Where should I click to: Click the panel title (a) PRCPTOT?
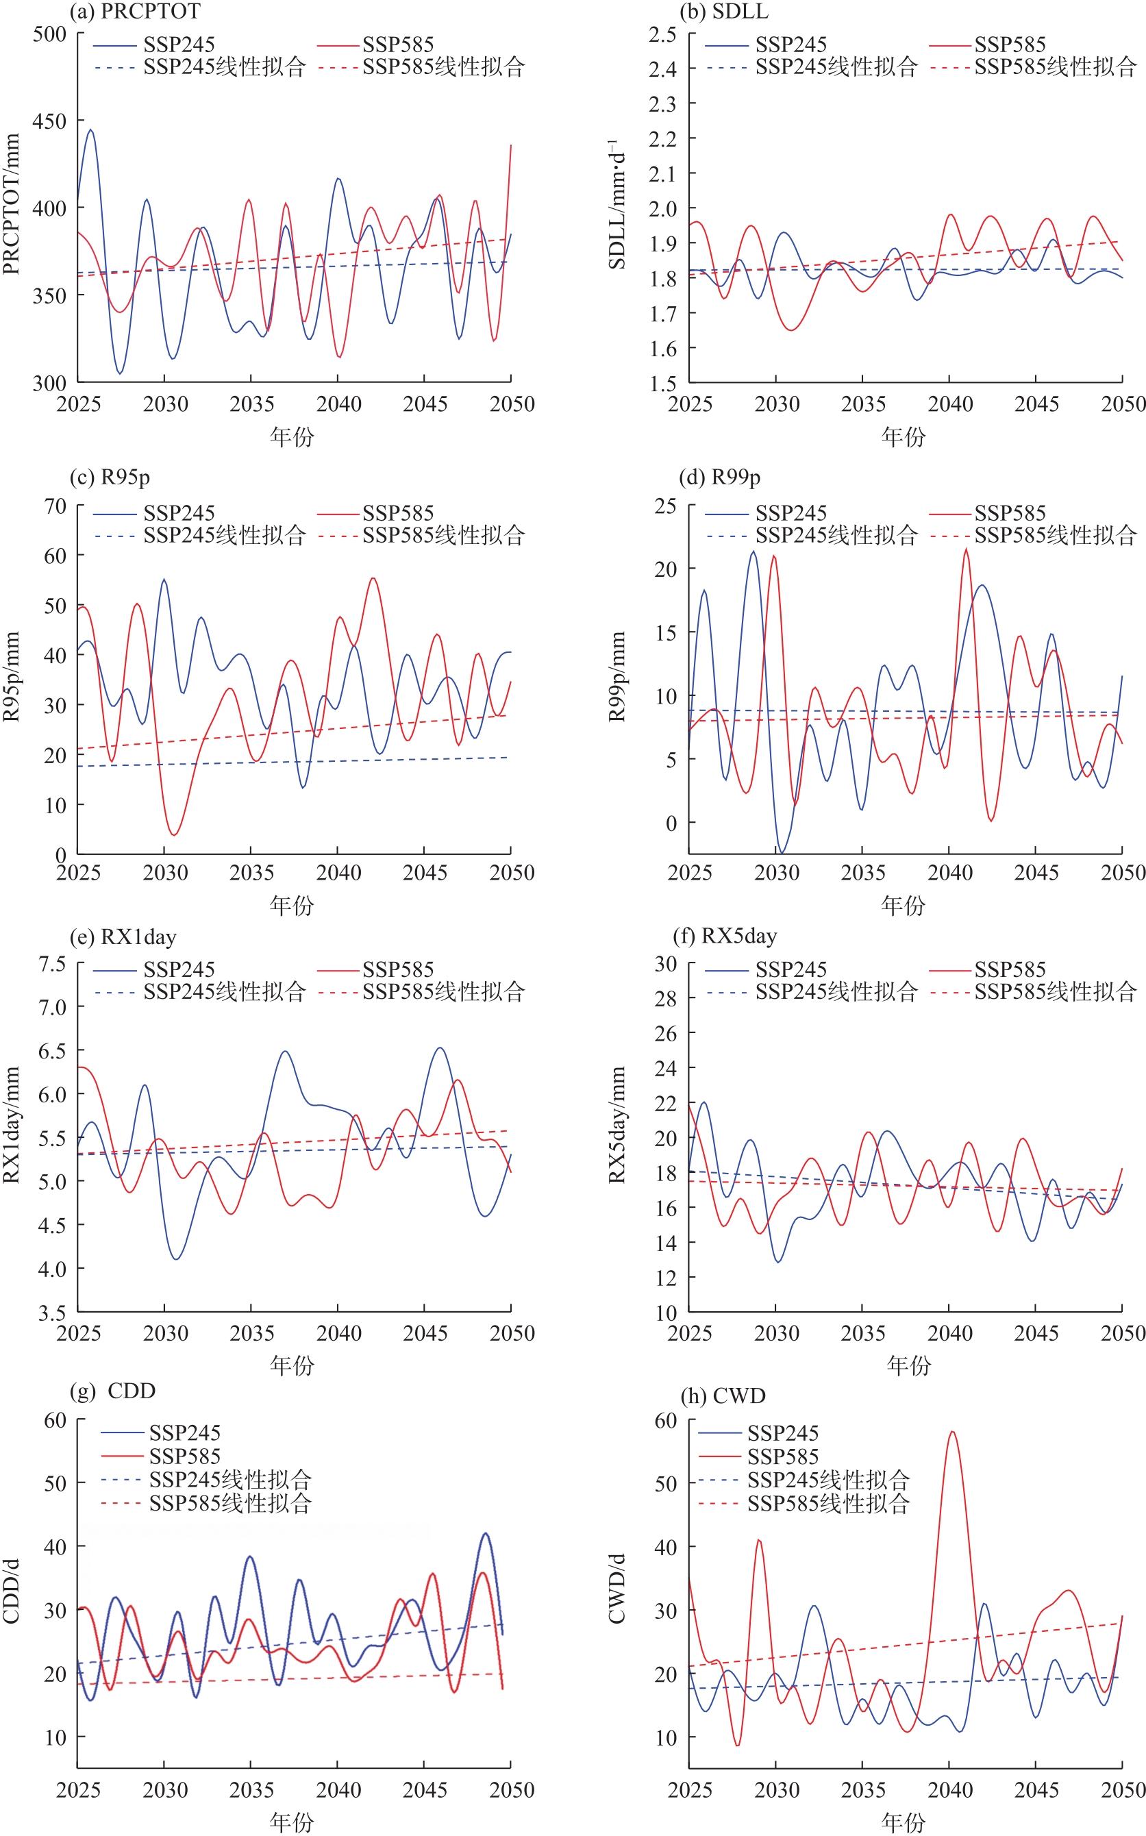point(135,12)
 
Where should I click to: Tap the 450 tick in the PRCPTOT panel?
point(49,121)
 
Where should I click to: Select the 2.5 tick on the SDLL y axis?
point(662,34)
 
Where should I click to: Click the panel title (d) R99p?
point(717,477)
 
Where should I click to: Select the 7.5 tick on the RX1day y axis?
point(49,963)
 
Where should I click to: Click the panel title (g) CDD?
point(112,1391)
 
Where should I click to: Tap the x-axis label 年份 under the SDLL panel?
point(904,437)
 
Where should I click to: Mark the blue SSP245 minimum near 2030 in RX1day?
point(177,1259)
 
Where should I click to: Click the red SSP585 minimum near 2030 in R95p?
point(174,834)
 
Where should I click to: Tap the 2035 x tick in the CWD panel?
point(862,1791)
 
